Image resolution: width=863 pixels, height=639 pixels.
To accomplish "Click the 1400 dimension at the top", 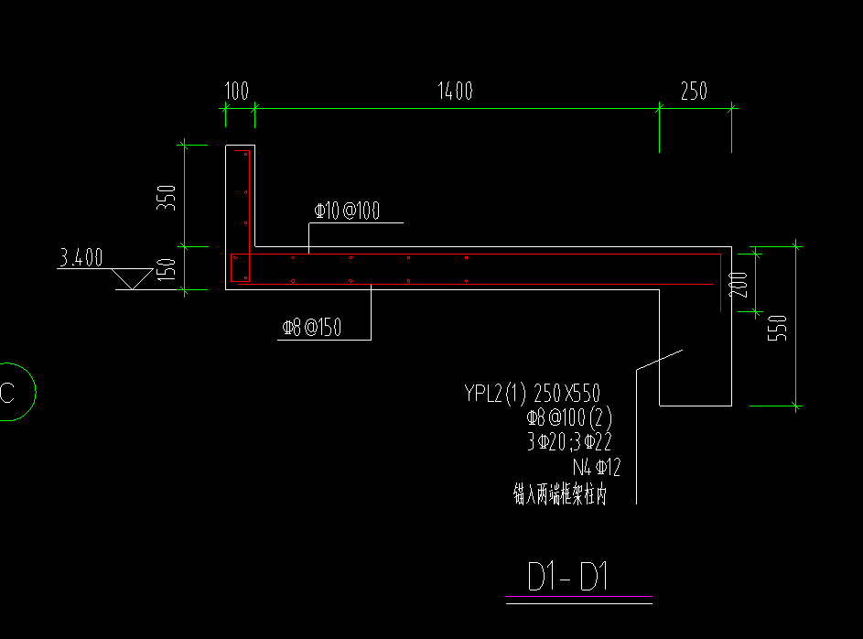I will tap(455, 91).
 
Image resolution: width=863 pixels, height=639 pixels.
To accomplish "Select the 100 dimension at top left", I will tap(236, 91).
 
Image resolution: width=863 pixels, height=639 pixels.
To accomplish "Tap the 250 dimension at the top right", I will tap(694, 91).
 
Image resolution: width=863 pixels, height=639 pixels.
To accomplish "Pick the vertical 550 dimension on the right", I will tap(781, 327).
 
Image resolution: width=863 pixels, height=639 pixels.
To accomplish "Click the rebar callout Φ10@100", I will tap(347, 211).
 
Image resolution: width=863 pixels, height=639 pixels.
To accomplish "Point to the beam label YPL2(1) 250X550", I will tap(532, 394).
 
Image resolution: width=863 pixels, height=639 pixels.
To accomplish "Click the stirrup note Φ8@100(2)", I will tap(568, 418).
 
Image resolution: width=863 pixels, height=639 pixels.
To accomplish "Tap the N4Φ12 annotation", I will tap(596, 469).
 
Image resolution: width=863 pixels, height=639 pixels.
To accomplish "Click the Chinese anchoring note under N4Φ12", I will tap(560, 495).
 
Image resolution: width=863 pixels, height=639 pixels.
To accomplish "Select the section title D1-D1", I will tap(568, 578).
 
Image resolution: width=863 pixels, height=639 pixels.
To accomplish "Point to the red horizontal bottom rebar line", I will tap(476, 285).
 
